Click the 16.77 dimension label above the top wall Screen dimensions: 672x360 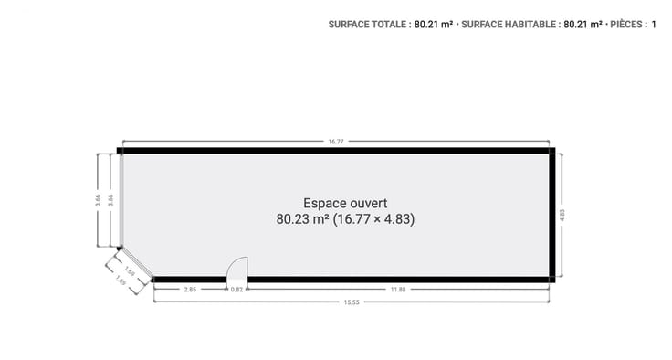pos(336,142)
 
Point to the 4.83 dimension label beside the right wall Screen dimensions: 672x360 pos(562,215)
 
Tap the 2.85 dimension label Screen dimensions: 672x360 pos(190,290)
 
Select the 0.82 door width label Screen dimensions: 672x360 pos(236,290)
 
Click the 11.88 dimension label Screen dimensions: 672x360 pos(398,290)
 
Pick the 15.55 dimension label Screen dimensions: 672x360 pos(352,302)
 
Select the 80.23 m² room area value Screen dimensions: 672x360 pos(302,219)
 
